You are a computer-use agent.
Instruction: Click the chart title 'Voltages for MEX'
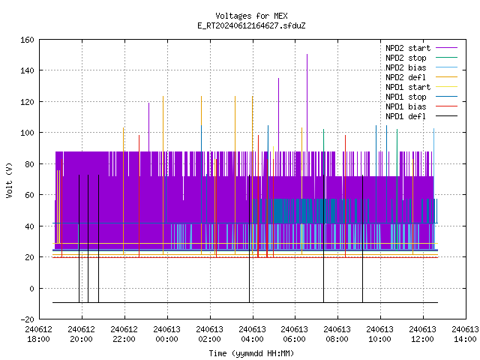(x=251, y=16)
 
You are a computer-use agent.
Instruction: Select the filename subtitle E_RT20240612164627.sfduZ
(x=251, y=25)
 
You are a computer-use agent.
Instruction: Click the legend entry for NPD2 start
(x=421, y=48)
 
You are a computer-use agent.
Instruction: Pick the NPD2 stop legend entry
(x=421, y=58)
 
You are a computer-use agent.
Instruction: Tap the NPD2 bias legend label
(x=421, y=67)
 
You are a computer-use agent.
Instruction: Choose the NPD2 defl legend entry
(x=421, y=77)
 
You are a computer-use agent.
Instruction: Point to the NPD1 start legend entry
(x=421, y=87)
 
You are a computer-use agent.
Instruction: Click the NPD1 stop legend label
(x=421, y=97)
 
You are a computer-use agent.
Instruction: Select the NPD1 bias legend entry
(x=421, y=106)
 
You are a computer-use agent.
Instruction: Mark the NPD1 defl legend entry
(x=421, y=117)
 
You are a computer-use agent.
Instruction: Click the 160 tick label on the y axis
(x=27, y=40)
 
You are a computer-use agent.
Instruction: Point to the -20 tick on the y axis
(x=27, y=319)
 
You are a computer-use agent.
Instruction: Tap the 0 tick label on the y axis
(x=31, y=288)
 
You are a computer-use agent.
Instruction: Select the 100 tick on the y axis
(x=27, y=133)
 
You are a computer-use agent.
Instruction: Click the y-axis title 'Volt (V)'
(x=9, y=180)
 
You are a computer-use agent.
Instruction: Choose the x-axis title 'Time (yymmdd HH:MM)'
(x=251, y=353)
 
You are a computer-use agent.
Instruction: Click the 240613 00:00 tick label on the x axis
(x=166, y=334)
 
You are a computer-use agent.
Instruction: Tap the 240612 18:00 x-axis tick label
(x=38, y=334)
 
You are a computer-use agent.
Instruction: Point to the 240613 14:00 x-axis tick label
(x=465, y=334)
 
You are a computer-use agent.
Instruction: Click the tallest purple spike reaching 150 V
(x=307, y=103)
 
